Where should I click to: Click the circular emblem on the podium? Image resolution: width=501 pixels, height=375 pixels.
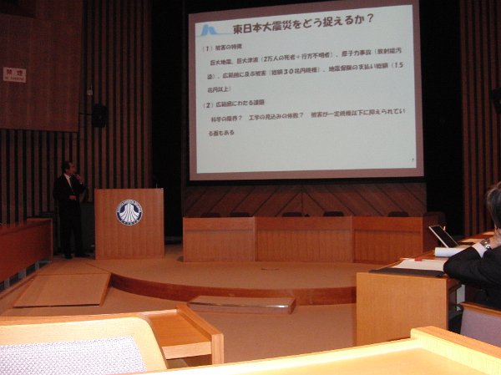pos(129,212)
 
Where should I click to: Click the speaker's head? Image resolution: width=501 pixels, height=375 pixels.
pos(68,168)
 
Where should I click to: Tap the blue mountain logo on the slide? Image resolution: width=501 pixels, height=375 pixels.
pos(211,30)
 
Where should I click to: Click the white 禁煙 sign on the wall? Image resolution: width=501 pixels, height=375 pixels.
pos(14,74)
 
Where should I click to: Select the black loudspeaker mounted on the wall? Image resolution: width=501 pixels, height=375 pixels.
pos(99,115)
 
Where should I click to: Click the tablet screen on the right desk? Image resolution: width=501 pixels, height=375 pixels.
pos(443,236)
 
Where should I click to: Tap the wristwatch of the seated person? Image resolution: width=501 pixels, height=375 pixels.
pos(484,244)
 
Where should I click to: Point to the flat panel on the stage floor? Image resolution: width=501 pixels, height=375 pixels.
pos(240,304)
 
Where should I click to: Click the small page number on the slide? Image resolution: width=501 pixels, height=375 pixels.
pos(412,160)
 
